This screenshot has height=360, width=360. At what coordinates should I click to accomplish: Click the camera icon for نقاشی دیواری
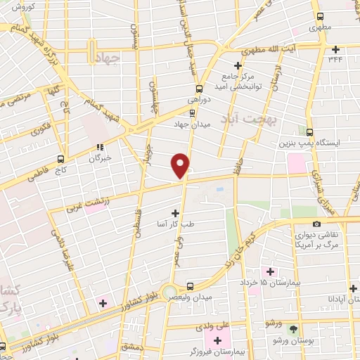point(316,224)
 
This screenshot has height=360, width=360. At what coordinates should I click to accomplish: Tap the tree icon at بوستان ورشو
point(293,328)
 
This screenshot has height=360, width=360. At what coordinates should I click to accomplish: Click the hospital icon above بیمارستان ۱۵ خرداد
point(268,271)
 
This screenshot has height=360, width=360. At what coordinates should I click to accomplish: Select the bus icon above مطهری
point(320,16)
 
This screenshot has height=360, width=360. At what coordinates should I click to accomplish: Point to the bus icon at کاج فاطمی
point(60,159)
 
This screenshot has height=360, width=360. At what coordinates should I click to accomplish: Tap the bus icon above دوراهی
point(199,89)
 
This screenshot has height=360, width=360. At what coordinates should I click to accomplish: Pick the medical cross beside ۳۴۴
point(336,49)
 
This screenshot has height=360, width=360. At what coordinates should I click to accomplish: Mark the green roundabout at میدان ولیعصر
point(169,291)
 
